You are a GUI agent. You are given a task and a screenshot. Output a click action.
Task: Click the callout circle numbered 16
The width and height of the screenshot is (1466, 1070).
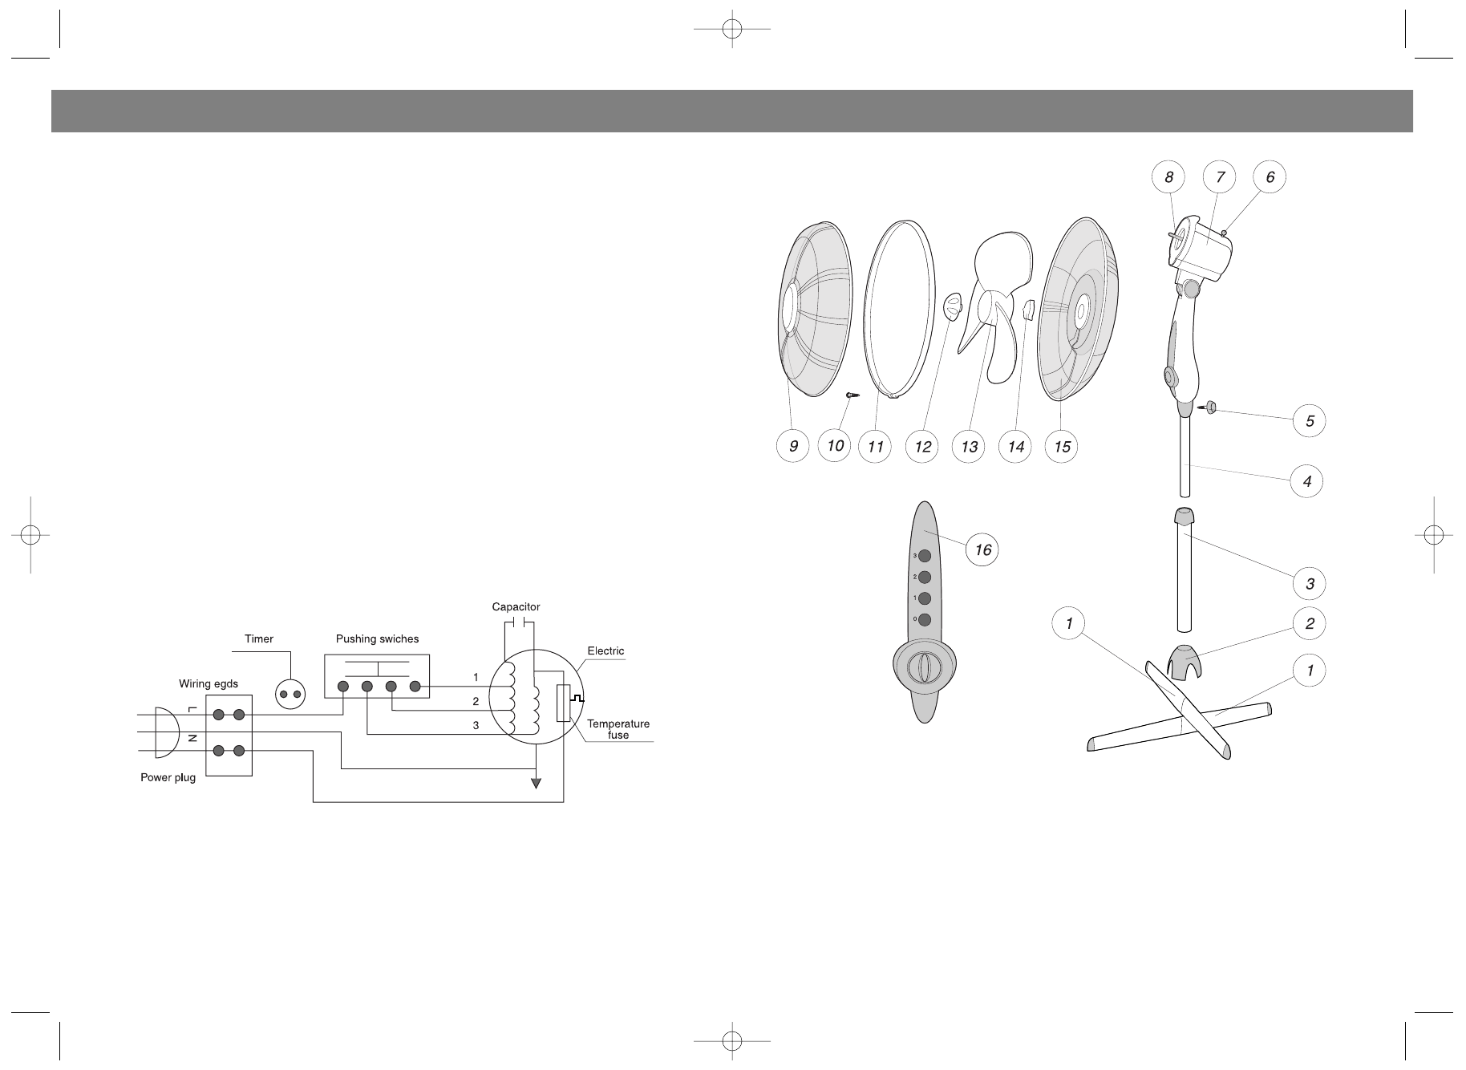point(982,550)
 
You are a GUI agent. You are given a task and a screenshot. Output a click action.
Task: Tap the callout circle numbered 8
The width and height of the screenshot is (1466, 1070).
point(1169,177)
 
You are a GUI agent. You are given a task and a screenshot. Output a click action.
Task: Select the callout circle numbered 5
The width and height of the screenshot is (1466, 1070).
point(1310,421)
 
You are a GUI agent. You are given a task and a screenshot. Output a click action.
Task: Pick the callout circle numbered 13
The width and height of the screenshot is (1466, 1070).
point(969,446)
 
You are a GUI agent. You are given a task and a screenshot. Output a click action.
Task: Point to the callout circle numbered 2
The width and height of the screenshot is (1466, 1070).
point(1310,623)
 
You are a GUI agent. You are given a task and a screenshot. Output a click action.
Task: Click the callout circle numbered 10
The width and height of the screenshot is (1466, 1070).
point(835,445)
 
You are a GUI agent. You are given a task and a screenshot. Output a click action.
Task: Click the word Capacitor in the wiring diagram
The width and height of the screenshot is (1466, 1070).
point(516,607)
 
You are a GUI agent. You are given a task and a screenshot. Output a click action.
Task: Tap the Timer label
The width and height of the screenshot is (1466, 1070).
point(258,639)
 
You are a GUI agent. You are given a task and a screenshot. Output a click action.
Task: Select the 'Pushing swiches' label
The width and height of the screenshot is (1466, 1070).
point(377,639)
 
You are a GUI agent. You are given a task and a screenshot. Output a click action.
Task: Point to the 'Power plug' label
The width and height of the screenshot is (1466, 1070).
point(168,778)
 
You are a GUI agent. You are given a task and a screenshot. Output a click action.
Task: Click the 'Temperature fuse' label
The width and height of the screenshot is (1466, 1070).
point(618,729)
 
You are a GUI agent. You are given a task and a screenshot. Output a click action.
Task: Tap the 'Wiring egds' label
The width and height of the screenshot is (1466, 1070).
point(208,683)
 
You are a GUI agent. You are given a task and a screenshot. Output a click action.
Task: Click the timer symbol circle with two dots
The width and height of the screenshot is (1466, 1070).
point(290,694)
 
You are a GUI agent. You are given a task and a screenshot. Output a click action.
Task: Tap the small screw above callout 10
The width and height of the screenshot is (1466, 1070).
point(852,395)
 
